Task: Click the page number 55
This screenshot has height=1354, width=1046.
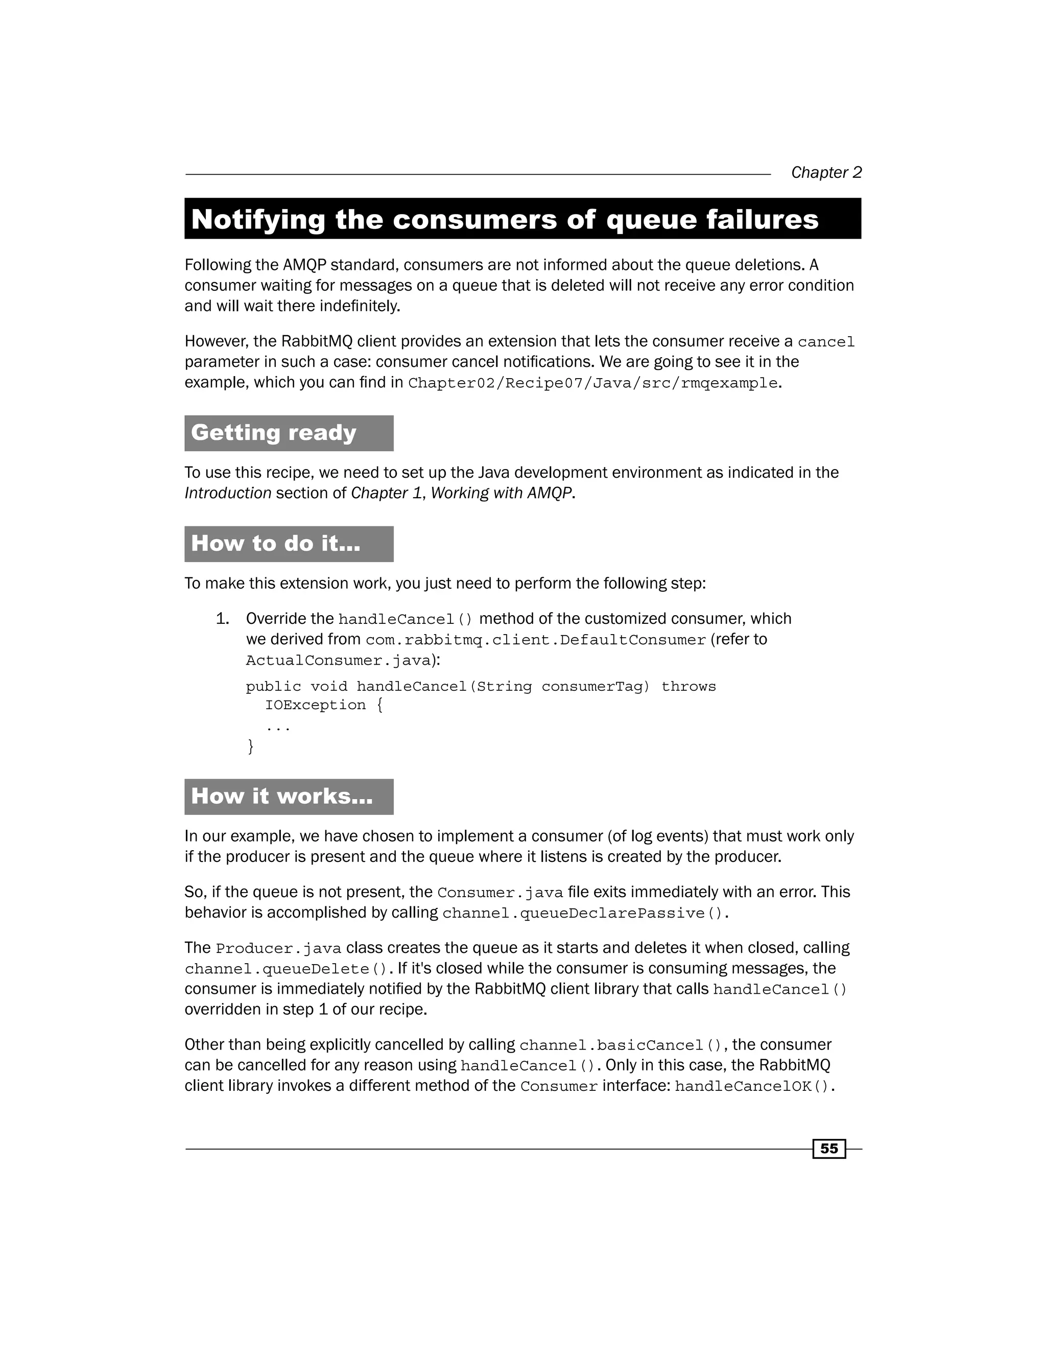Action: [x=828, y=1148]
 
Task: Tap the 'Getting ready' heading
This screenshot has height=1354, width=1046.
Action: [x=273, y=433]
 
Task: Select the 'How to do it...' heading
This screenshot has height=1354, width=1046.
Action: [x=275, y=544]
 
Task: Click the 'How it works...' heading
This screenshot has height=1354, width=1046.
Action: [x=281, y=796]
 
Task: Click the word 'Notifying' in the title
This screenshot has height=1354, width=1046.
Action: [x=258, y=220]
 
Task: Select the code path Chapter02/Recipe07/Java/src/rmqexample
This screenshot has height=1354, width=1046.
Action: [x=592, y=383]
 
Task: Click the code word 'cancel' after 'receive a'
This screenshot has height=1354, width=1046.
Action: [x=826, y=342]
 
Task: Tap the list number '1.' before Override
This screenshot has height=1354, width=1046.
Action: [x=223, y=619]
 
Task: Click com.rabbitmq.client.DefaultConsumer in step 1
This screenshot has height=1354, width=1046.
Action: [x=535, y=640]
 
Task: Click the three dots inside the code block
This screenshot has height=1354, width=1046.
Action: [x=278, y=727]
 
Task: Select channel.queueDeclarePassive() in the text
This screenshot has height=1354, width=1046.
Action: [x=582, y=913]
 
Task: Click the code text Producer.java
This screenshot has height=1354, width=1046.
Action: [x=278, y=948]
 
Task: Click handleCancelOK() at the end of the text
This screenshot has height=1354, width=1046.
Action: [x=751, y=1086]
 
